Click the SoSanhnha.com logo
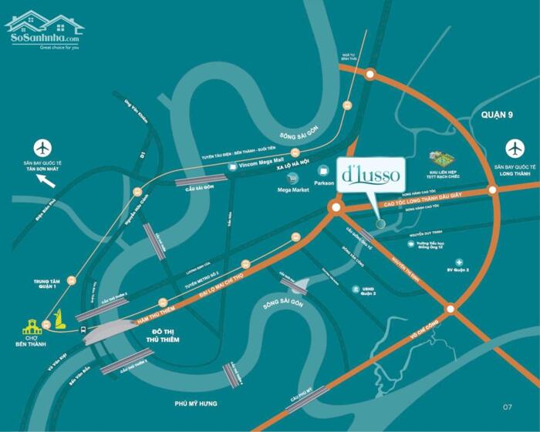pyautogui.click(x=44, y=30)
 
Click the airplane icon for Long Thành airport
pyautogui.click(x=515, y=146)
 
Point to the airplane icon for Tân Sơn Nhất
pyautogui.click(x=42, y=146)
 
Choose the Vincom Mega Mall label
pyautogui.click(x=263, y=164)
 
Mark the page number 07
pyautogui.click(x=507, y=406)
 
